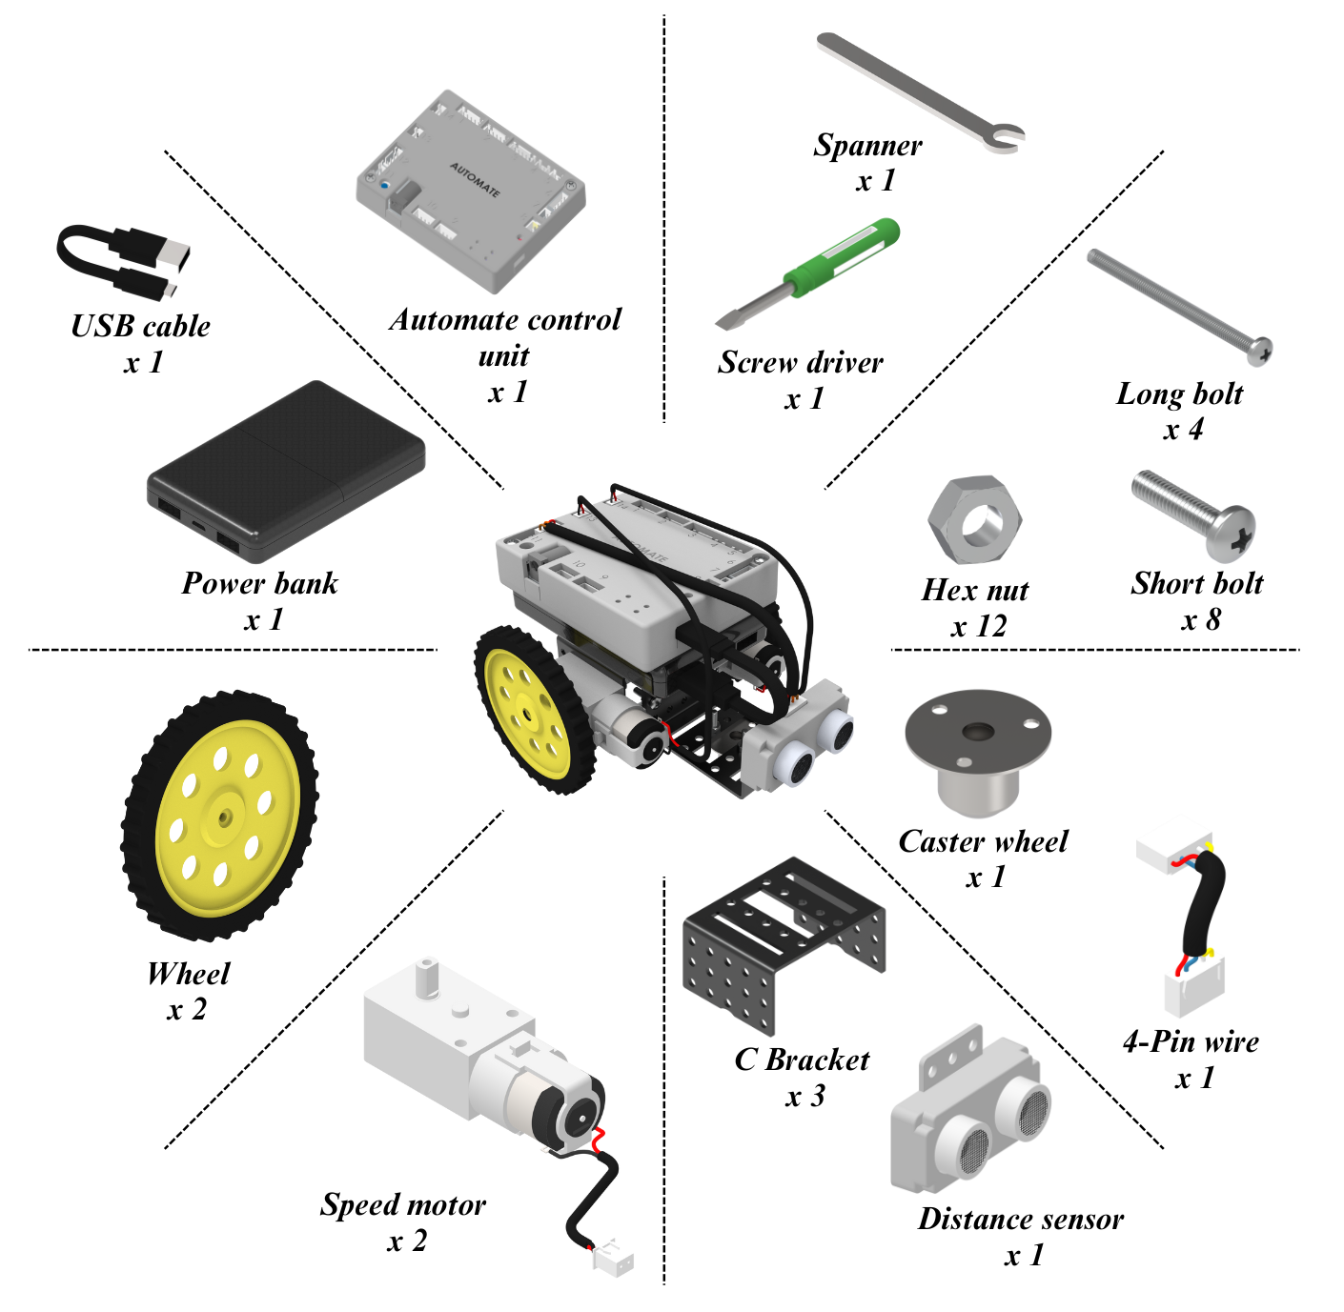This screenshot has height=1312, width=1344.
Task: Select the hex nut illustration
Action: [974, 520]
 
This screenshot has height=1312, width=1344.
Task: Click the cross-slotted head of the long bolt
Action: [1260, 351]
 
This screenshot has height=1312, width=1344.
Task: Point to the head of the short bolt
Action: [1232, 535]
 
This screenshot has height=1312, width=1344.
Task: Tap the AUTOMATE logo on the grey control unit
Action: [475, 178]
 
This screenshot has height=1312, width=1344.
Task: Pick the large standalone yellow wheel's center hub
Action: [225, 817]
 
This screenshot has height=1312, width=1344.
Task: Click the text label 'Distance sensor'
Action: [1020, 1219]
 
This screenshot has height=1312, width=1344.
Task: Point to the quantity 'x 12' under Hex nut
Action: [979, 626]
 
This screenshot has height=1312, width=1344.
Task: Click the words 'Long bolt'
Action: [1179, 394]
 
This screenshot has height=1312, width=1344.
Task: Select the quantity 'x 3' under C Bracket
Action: [804, 1096]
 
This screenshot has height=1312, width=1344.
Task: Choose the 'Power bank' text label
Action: [259, 583]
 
